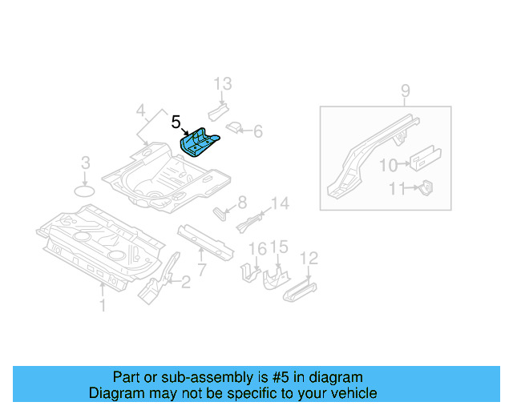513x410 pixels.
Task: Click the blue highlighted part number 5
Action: tap(200, 143)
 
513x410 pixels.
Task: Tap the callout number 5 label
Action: tap(176, 122)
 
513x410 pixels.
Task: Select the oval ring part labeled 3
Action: tap(84, 191)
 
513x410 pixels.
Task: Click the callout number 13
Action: tap(222, 84)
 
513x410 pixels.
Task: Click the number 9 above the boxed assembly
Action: tap(405, 90)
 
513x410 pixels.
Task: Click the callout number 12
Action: tap(309, 258)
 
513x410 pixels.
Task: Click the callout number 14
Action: tap(278, 204)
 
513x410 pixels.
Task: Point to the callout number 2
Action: tap(185, 281)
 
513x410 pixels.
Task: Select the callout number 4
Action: tap(140, 110)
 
